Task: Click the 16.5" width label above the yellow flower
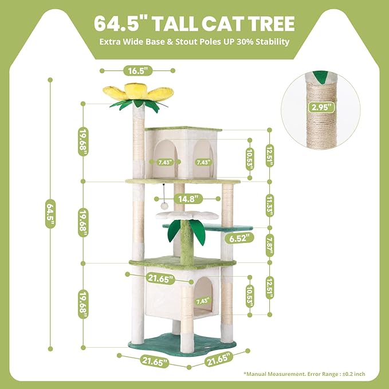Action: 137,70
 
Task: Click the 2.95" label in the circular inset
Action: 322,107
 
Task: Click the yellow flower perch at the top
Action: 137,92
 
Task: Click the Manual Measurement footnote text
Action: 304,374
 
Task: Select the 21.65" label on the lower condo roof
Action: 160,278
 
